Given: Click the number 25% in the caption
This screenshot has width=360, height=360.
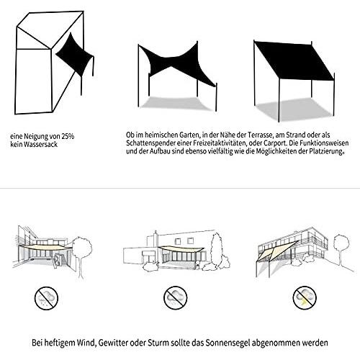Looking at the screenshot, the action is [68, 136].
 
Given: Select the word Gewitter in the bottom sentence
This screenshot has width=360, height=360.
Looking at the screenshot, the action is [113, 343].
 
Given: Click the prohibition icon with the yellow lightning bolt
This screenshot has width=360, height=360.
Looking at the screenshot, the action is [305, 297].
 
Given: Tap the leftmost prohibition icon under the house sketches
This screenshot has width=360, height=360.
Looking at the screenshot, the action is [46, 298].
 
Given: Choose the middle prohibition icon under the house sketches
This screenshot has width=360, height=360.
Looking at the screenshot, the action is [176, 297].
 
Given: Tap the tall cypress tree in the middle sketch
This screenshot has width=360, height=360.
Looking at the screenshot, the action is [217, 250].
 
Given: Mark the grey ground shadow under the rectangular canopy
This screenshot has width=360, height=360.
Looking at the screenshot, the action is [295, 109].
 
